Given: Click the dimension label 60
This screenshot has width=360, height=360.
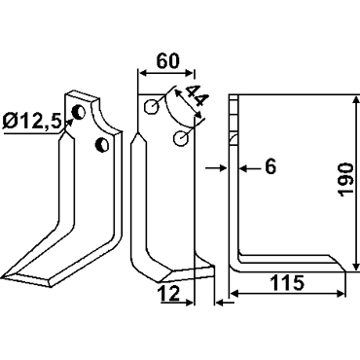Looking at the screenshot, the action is click(167, 61).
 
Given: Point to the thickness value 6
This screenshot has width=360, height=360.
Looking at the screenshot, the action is click(270, 167).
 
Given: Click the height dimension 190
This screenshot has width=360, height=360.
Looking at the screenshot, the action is click(345, 180).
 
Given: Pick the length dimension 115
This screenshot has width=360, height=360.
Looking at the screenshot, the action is click(287, 283).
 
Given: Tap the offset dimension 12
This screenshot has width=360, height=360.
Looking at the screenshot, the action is click(169, 294).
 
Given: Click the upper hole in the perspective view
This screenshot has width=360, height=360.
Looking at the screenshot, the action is click(78, 112).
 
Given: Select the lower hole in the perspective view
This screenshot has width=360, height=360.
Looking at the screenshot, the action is click(102, 144).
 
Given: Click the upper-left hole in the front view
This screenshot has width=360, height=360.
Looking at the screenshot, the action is click(152, 106).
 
